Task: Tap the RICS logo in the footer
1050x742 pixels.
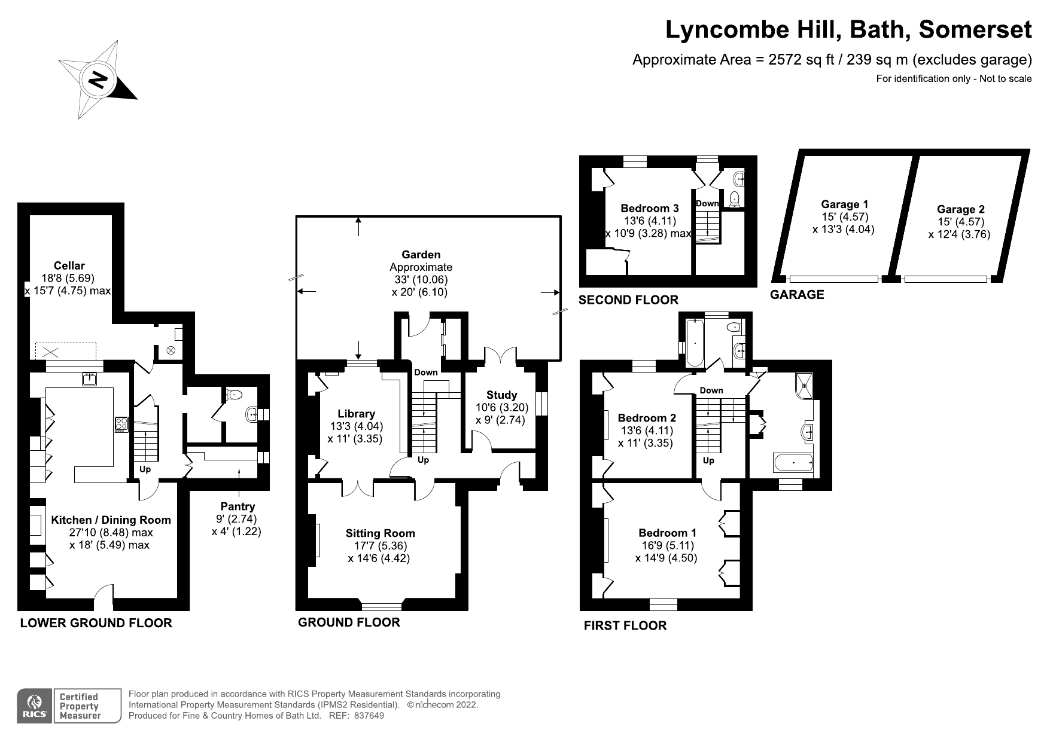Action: pos(34,706)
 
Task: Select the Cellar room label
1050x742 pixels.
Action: pos(69,265)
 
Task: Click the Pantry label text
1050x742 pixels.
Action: pos(238,506)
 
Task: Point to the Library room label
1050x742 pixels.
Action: pos(357,414)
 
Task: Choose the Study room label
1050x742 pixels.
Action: pos(501,395)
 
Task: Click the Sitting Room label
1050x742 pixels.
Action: pos(380,533)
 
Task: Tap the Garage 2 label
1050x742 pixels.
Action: pos(961,209)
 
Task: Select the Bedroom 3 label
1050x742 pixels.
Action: pos(650,208)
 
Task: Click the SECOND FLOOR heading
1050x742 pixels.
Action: pos(628,300)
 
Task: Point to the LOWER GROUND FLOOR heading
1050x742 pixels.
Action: pos(96,623)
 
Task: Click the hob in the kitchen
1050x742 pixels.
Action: pos(121,424)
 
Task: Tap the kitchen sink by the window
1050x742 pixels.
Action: pos(90,379)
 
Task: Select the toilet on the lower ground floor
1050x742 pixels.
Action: pos(235,395)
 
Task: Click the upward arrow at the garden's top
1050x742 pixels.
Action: pos(358,228)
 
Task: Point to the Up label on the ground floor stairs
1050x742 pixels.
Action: pos(423,460)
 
